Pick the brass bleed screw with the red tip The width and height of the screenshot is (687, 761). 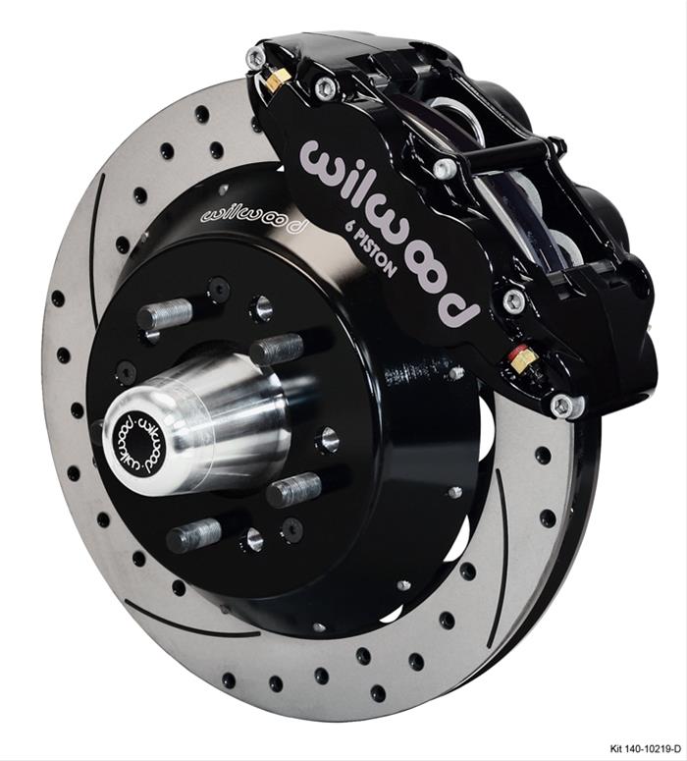522,360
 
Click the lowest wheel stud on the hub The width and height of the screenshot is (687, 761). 193,535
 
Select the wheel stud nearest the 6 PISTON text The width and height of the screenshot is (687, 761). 278,349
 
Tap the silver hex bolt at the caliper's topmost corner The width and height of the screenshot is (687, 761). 257,59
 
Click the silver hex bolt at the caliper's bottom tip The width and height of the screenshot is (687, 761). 562,404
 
